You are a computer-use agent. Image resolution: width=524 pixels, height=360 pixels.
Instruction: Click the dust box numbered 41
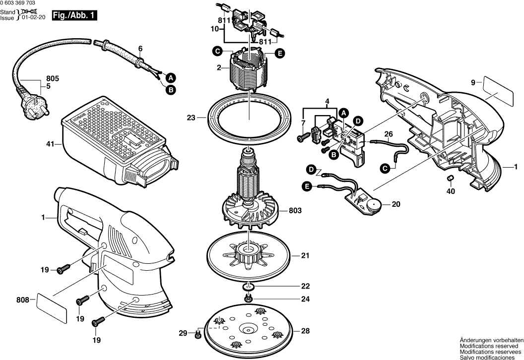114,144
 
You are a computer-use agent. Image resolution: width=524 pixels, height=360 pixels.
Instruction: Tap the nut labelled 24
248,299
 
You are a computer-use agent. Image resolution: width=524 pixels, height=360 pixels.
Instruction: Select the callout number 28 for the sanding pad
305,331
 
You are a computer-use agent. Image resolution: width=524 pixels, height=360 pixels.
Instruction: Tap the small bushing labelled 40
450,179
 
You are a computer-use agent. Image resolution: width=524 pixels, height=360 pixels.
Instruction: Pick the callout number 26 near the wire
388,134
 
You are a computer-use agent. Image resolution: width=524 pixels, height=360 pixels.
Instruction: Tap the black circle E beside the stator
280,53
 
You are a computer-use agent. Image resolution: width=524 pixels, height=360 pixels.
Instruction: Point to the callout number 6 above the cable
140,49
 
